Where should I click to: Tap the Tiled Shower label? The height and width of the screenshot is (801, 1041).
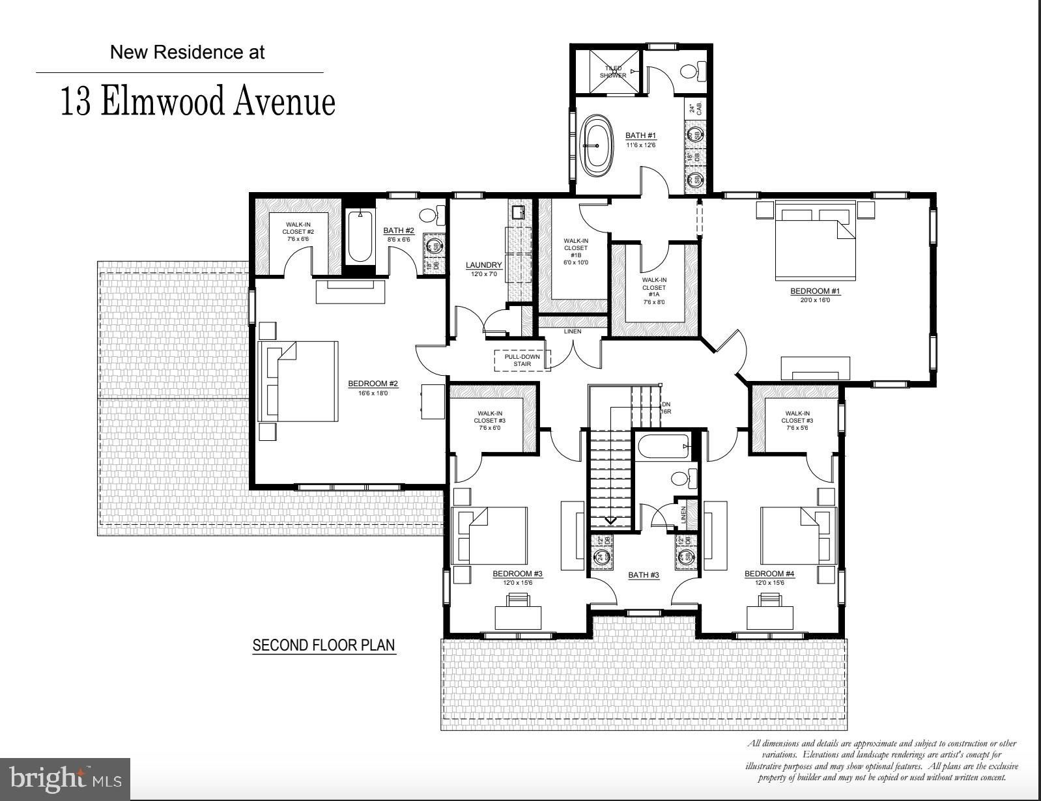coord(612,72)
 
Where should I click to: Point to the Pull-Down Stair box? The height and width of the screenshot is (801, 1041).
coord(522,360)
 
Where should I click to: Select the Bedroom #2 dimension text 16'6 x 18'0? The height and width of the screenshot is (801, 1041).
coord(373,393)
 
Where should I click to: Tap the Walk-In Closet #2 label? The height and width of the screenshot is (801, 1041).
coord(298,232)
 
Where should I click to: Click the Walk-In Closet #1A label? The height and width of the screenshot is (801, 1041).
coord(653,287)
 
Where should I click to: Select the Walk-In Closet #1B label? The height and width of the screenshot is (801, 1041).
coord(575,251)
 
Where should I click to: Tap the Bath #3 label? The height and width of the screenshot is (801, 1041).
coord(643,575)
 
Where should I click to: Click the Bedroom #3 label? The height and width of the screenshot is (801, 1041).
coord(517,574)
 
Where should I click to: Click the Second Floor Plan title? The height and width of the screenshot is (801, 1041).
coord(324,645)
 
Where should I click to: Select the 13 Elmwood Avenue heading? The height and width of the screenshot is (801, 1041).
coord(198,103)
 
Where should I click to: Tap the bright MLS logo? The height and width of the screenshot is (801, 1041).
coord(65,779)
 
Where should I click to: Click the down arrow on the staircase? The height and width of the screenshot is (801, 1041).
coord(611,520)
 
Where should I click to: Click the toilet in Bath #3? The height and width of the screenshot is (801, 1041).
coord(681,479)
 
